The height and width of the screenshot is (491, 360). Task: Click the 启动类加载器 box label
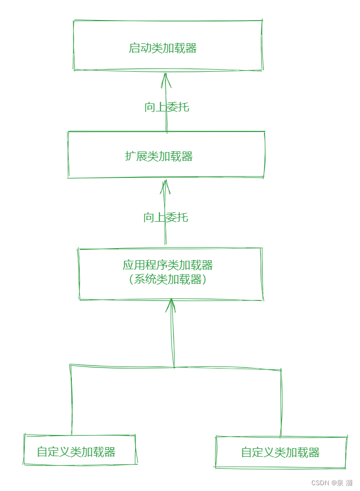point(163,48)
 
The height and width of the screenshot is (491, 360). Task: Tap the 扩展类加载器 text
point(159,156)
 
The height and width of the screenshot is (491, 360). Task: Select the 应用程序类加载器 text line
point(168,265)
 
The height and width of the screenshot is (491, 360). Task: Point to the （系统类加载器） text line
point(167,280)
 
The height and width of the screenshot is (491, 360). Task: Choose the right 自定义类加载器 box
point(280,452)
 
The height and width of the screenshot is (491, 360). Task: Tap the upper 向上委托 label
point(166,107)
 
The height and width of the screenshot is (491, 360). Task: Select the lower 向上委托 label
point(165,218)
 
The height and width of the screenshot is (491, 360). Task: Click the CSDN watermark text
point(320,483)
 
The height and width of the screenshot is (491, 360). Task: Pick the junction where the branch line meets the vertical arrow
point(174,366)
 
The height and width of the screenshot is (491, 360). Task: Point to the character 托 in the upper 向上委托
point(183,107)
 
